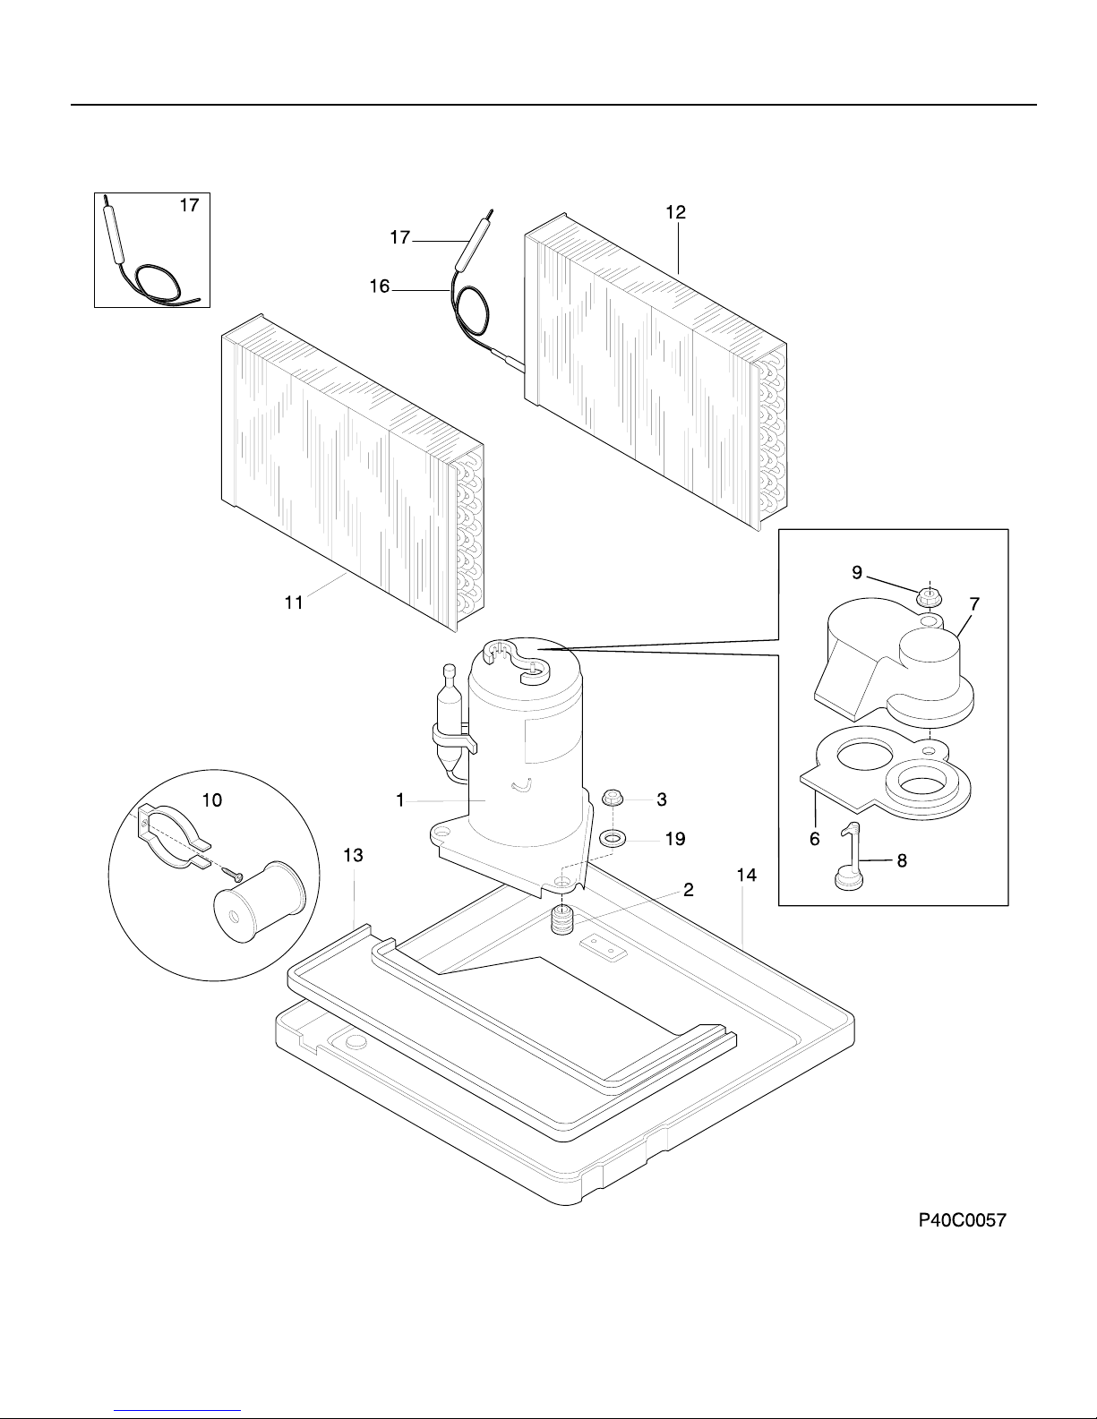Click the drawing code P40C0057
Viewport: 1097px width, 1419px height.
click(x=963, y=1220)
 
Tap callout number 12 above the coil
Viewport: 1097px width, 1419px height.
click(x=676, y=212)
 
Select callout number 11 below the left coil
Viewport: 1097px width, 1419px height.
click(x=294, y=603)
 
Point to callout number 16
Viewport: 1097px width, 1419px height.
click(x=380, y=286)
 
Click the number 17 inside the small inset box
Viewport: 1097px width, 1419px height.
click(x=189, y=205)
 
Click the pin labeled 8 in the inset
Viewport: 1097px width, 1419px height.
click(x=851, y=857)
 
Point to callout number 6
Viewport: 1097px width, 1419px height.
click(x=814, y=839)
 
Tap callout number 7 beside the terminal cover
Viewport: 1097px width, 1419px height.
click(x=974, y=604)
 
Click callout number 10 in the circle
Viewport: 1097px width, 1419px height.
click(x=211, y=800)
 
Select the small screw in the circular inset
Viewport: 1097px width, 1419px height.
click(x=233, y=872)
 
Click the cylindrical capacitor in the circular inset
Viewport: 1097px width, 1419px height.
click(x=259, y=902)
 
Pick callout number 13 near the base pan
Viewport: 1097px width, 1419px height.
click(x=353, y=855)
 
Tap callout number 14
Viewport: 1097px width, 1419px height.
click(x=746, y=875)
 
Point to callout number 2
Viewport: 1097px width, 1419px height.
click(x=689, y=889)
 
